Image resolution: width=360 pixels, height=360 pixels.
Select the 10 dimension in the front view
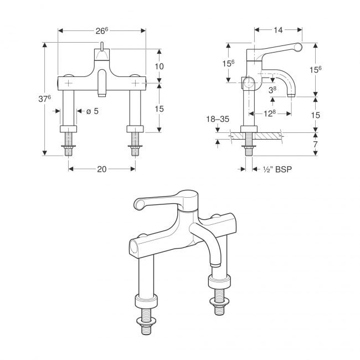[160, 66]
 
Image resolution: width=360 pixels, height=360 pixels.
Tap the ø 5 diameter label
[92, 111]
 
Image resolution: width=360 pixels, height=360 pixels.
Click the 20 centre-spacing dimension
[101, 169]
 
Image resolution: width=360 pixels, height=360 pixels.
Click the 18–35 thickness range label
[218, 119]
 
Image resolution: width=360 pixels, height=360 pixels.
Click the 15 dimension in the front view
[160, 109]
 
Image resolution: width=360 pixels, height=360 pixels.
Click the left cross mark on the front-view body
[69, 83]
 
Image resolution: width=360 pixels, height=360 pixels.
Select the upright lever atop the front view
[102, 46]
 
